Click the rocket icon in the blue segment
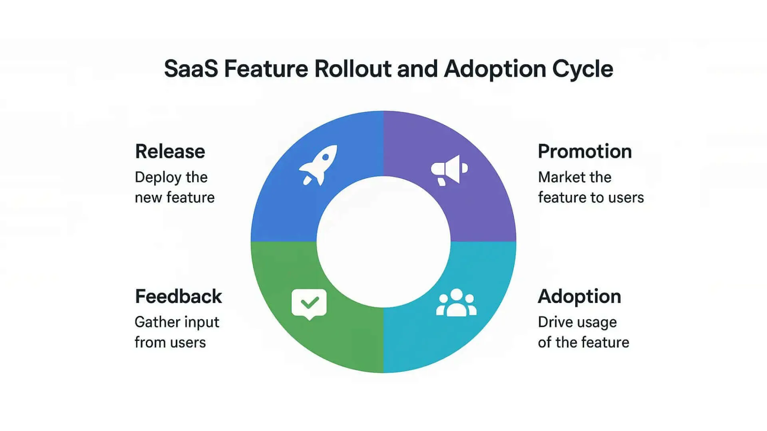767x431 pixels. pyautogui.click(x=318, y=165)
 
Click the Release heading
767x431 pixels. pyautogui.click(x=170, y=152)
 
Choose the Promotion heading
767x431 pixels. pyautogui.click(x=585, y=152)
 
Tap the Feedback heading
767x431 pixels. pyautogui.click(x=178, y=297)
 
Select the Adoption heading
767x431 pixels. pyautogui.click(x=579, y=297)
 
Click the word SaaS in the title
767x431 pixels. pyautogui.click(x=191, y=69)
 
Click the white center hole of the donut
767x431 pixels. pyautogui.click(x=383, y=242)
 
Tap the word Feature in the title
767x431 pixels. pyautogui.click(x=266, y=69)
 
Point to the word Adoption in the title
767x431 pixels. pyautogui.click(x=495, y=69)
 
